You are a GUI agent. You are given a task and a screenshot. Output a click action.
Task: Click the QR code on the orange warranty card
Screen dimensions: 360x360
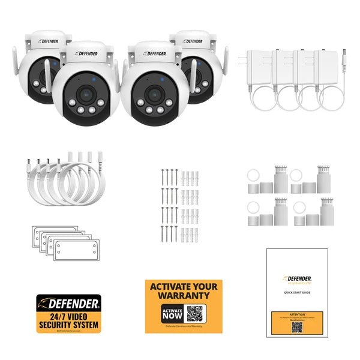(x=194, y=313)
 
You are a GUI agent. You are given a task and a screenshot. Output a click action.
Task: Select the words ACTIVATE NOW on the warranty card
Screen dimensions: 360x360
(x=171, y=313)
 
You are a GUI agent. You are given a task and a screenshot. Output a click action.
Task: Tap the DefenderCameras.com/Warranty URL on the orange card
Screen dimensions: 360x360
(x=183, y=327)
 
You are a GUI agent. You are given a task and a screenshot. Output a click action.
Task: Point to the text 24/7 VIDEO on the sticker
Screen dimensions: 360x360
(x=68, y=316)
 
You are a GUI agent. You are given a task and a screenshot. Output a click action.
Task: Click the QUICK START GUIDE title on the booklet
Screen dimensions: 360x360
(x=298, y=292)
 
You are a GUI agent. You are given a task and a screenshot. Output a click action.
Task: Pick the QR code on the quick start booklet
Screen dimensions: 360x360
(x=298, y=328)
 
